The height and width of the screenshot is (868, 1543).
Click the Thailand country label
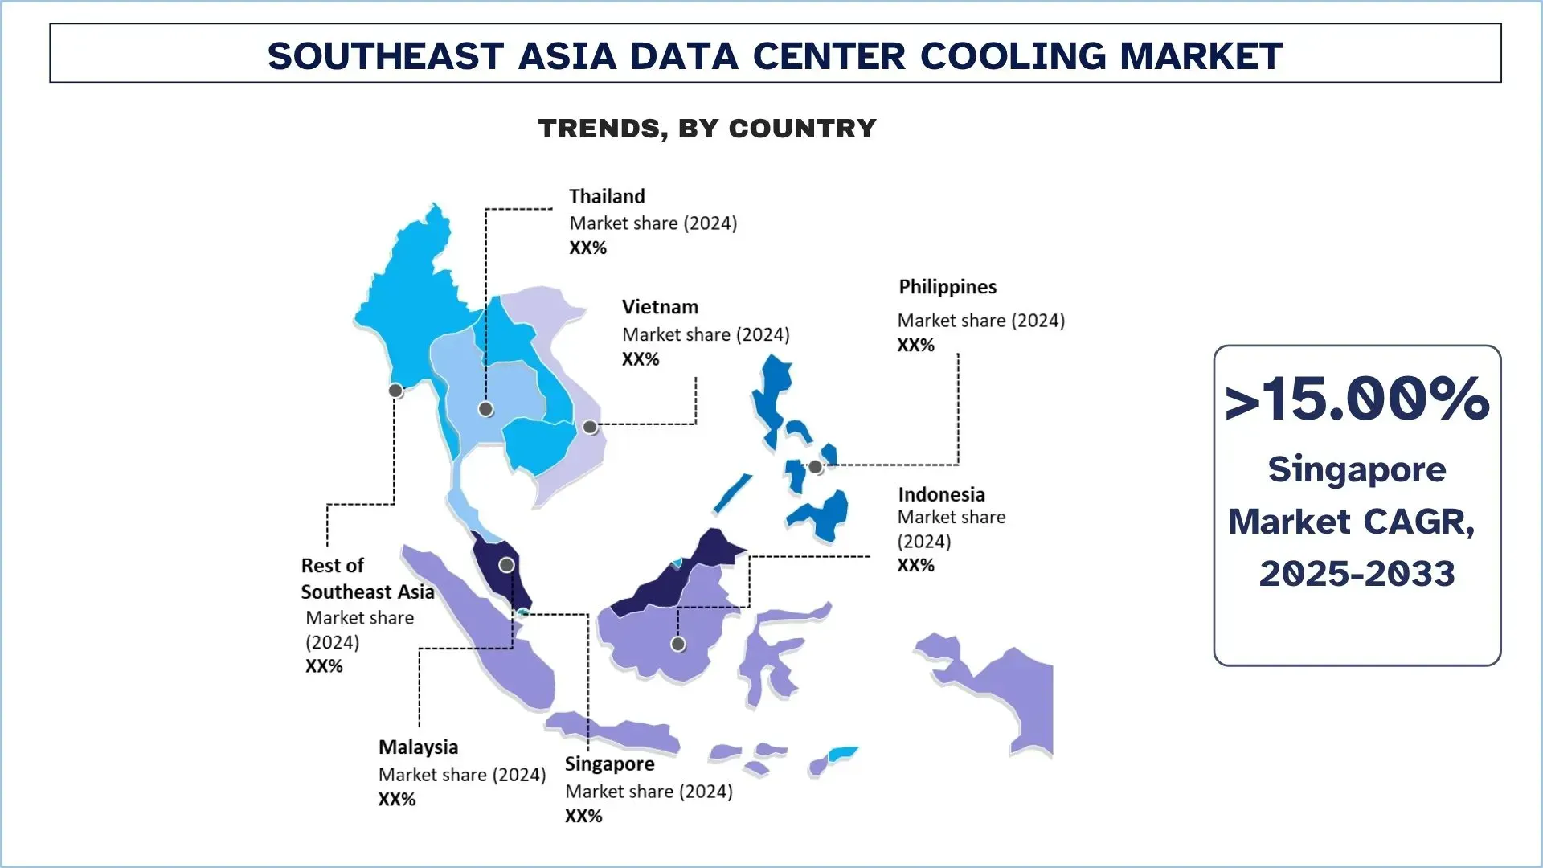pos(607,197)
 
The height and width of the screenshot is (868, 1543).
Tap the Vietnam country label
pos(660,307)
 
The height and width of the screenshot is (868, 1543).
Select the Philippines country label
pos(947,287)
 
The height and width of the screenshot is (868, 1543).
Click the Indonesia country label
pos(941,494)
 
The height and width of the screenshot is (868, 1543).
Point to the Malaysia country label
pos(418,747)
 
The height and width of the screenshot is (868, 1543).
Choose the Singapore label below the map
pos(609,764)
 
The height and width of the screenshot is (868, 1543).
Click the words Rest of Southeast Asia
pos(366,579)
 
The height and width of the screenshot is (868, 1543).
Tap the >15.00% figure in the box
pos(1357,399)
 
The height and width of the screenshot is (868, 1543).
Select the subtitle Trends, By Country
pos(707,129)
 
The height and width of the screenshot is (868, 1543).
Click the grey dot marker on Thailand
pos(485,409)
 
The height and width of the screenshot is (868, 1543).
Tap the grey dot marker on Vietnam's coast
pos(590,427)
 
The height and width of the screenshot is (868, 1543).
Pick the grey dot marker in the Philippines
pos(815,467)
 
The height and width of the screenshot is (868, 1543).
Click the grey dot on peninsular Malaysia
pos(506,565)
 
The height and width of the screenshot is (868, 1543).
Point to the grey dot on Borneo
pos(678,644)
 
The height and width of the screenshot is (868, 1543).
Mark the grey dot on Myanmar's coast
pos(395,391)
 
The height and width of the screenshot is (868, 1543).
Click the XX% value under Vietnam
pos(640,359)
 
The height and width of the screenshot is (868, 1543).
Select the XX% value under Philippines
pos(915,346)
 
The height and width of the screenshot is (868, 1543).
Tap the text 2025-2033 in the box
pos(1357,574)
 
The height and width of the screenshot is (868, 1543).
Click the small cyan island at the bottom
pos(842,754)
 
